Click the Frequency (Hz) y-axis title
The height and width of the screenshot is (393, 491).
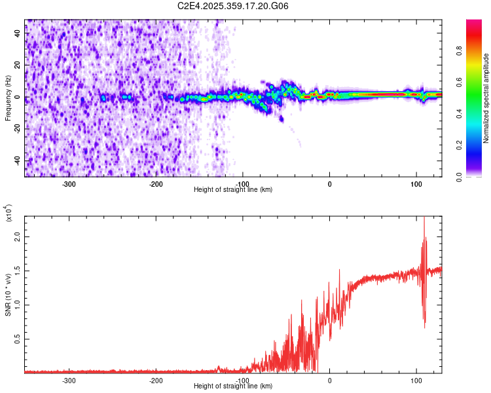[8, 99]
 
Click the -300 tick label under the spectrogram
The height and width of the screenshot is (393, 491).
[69, 184]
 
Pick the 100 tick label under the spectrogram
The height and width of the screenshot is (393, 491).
[416, 184]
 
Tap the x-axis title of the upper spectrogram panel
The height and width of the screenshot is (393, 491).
[233, 190]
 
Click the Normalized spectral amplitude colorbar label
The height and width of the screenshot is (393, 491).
[486, 98]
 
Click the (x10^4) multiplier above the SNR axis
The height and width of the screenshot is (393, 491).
[10, 214]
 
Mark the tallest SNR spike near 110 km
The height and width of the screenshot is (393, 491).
[424, 219]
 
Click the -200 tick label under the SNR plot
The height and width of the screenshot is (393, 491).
[156, 380]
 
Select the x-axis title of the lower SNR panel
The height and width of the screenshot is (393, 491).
[233, 386]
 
